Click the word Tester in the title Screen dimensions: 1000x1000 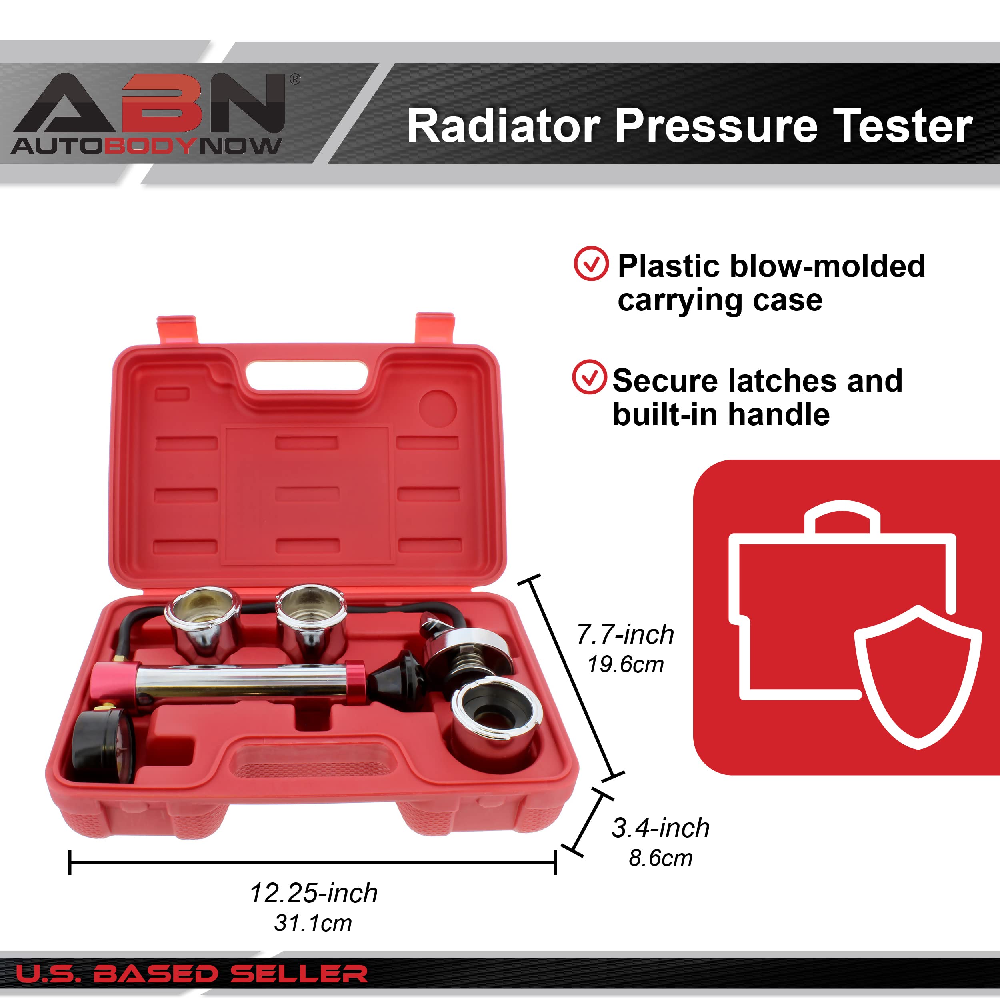(x=903, y=126)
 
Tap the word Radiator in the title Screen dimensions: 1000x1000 (x=503, y=126)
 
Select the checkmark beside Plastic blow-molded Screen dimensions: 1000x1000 (x=590, y=264)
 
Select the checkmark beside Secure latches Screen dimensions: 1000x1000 (x=589, y=377)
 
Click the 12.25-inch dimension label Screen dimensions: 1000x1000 (x=314, y=893)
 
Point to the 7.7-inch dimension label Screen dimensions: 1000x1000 (x=625, y=634)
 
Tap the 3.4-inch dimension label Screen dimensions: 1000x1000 (x=660, y=828)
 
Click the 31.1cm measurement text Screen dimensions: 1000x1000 (x=313, y=923)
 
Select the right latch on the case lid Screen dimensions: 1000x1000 (x=435, y=327)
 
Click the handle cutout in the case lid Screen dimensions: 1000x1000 (x=306, y=375)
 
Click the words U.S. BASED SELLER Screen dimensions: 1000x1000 (x=192, y=974)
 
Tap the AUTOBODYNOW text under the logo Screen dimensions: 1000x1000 (x=146, y=146)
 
